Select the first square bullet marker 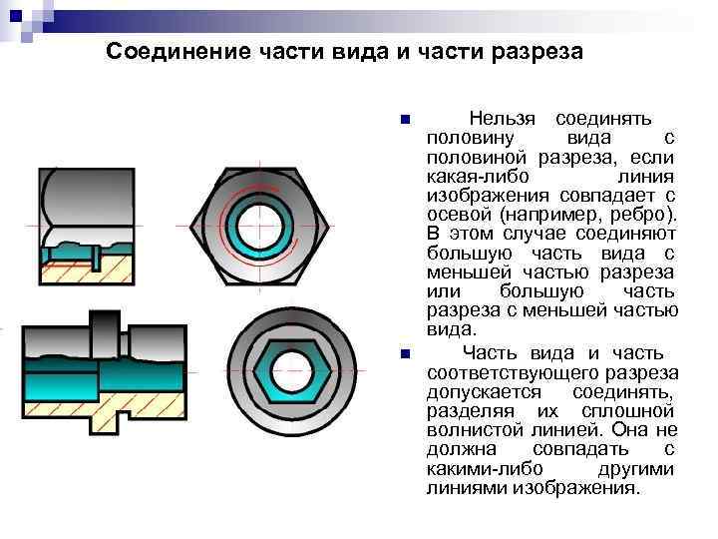403,120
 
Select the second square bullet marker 403,354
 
